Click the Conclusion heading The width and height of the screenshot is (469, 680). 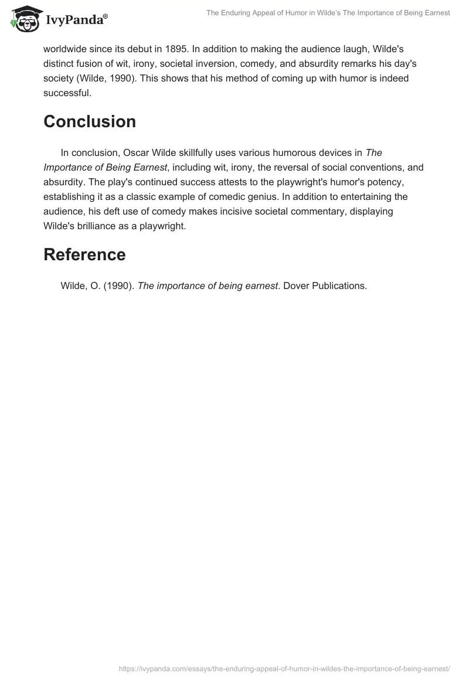(x=90, y=121)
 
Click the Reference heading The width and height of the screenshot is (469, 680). (x=84, y=254)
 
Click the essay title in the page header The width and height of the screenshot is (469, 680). (x=328, y=13)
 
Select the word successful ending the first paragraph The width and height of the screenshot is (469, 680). (x=66, y=93)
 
